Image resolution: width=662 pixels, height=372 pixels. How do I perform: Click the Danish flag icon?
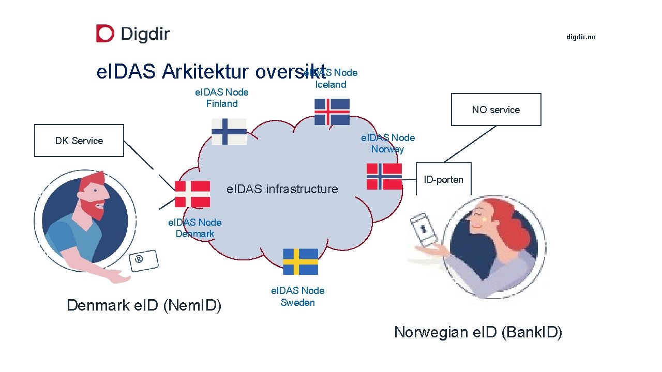192,194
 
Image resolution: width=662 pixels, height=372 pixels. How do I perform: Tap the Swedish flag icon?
300,261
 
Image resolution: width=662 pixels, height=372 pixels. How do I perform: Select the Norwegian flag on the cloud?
384,176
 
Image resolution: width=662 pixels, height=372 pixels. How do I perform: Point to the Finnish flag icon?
229,131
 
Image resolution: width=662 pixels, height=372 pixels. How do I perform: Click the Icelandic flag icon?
332,112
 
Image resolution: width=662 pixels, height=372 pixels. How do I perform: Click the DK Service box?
79,141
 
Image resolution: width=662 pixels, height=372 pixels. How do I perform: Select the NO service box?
496,110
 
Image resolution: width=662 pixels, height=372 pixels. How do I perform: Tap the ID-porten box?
444,179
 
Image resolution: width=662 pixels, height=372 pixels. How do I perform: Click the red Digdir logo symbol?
105,34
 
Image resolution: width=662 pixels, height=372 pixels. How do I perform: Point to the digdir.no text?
581,37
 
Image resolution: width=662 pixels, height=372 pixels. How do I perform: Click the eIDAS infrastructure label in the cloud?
282,189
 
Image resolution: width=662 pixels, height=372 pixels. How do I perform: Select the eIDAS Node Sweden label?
297,297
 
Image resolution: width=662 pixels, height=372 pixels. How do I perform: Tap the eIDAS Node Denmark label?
195,228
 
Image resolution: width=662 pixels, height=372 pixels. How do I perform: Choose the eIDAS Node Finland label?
221,98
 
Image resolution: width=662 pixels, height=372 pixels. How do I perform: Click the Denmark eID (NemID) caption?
144,305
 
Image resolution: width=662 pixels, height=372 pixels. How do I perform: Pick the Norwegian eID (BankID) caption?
478,332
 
